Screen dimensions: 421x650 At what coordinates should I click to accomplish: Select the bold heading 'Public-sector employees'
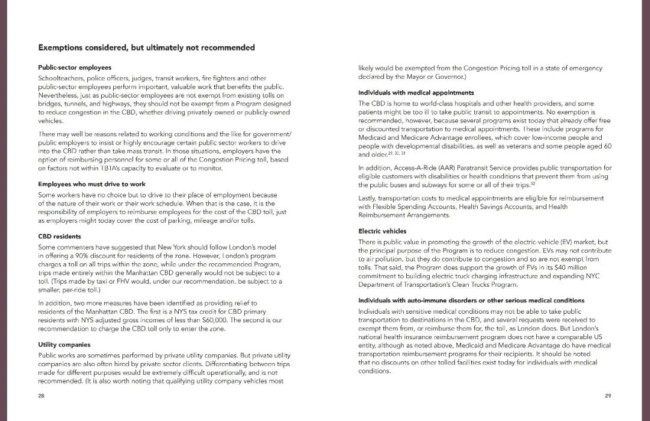point(75,67)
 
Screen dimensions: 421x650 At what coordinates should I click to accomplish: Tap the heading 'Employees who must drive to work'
point(91,184)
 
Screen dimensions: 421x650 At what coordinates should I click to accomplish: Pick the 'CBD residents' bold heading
point(60,236)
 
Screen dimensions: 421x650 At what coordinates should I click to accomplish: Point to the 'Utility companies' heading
point(64,345)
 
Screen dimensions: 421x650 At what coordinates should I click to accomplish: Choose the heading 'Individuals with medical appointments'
point(416,93)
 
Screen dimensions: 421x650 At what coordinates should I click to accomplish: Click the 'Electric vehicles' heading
point(382,231)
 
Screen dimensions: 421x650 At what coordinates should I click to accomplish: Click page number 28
point(42,396)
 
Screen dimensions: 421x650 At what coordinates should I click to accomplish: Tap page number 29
point(608,396)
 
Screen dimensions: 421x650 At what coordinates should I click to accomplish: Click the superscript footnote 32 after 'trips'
point(533,184)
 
